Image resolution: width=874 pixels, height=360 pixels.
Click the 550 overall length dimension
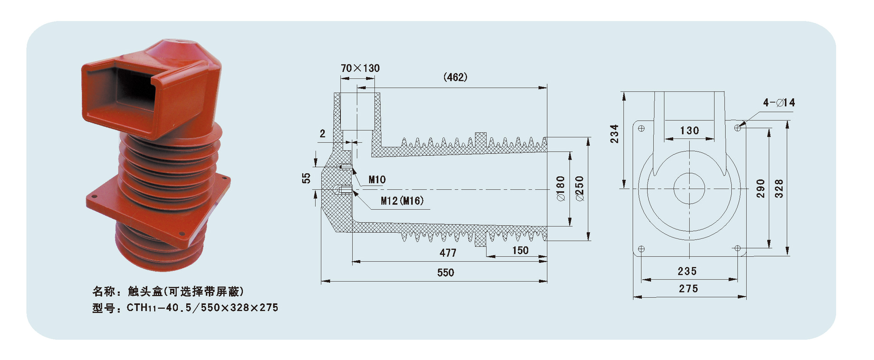[x=446, y=273]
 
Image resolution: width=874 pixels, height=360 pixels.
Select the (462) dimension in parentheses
[x=456, y=77]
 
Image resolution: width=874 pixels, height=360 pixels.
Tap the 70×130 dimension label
[x=360, y=68]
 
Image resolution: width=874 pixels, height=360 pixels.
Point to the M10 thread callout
[x=377, y=180]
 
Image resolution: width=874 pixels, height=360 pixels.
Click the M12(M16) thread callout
[x=402, y=201]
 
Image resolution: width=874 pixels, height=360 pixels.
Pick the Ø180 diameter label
[x=561, y=189]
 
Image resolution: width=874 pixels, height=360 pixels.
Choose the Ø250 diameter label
[x=580, y=189]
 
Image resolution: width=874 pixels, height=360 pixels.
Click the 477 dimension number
[x=448, y=253]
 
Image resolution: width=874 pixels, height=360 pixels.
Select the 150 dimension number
[x=520, y=251]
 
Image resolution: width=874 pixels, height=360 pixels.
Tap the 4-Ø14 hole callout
[x=779, y=103]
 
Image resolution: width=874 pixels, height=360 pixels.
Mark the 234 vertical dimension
[x=614, y=134]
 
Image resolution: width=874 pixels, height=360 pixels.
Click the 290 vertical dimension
[x=760, y=189]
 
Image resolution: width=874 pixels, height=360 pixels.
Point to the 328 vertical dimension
[x=779, y=189]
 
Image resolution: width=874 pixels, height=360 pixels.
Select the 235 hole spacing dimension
[x=687, y=272]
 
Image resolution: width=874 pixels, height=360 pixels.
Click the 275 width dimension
[x=688, y=289]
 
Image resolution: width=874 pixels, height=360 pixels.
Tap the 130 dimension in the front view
[x=690, y=131]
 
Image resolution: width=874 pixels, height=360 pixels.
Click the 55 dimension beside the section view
[x=306, y=178]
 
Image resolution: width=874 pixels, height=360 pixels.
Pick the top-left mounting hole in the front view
[x=641, y=129]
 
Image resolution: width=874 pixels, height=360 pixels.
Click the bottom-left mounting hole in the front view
[x=641, y=249]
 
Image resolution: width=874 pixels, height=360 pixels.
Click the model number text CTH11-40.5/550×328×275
[x=203, y=308]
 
